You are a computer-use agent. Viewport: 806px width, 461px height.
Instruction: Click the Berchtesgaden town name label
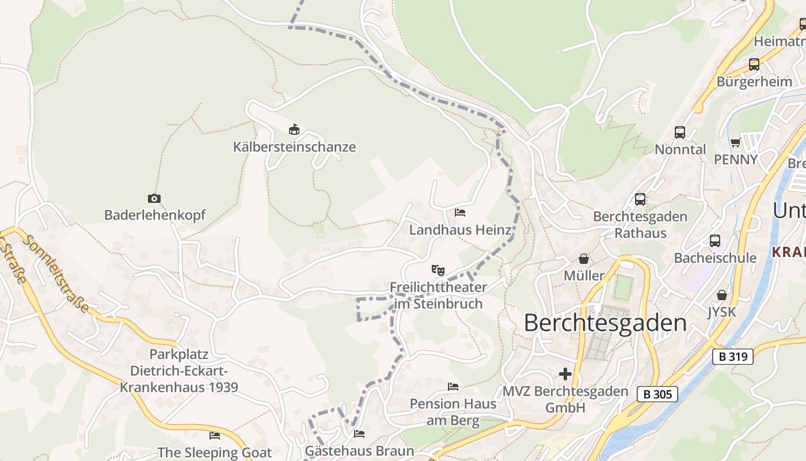[x=605, y=323]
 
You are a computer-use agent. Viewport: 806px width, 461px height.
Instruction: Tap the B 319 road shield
[x=733, y=357]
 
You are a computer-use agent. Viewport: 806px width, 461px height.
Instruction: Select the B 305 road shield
[x=657, y=395]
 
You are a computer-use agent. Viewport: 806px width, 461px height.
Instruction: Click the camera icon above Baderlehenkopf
[x=154, y=199]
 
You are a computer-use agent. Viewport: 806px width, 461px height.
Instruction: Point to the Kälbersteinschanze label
[x=294, y=147]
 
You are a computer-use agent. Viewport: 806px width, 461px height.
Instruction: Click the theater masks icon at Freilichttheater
[x=438, y=270]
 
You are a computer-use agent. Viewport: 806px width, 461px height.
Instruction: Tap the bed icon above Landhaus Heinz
[x=460, y=213]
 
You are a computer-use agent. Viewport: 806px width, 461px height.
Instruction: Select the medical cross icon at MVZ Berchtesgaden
[x=565, y=374]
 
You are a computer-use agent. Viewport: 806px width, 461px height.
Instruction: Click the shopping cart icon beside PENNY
[x=735, y=142]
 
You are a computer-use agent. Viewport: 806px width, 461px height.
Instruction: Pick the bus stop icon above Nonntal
[x=680, y=133]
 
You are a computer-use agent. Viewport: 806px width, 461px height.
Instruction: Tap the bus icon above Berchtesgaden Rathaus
[x=640, y=199]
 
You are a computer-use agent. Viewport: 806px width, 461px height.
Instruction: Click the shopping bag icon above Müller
[x=584, y=259]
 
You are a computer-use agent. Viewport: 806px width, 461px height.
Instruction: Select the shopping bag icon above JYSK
[x=722, y=295]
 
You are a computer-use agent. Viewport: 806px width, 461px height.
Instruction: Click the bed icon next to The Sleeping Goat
[x=215, y=436]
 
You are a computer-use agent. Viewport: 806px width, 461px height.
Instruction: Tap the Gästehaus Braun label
[x=359, y=451]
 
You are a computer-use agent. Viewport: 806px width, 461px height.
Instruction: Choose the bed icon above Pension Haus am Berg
[x=453, y=387]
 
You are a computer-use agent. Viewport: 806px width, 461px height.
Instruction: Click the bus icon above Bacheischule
[x=715, y=241]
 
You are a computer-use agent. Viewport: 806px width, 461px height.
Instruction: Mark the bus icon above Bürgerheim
[x=754, y=65]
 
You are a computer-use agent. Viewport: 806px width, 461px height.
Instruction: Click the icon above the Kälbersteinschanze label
[x=294, y=129]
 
